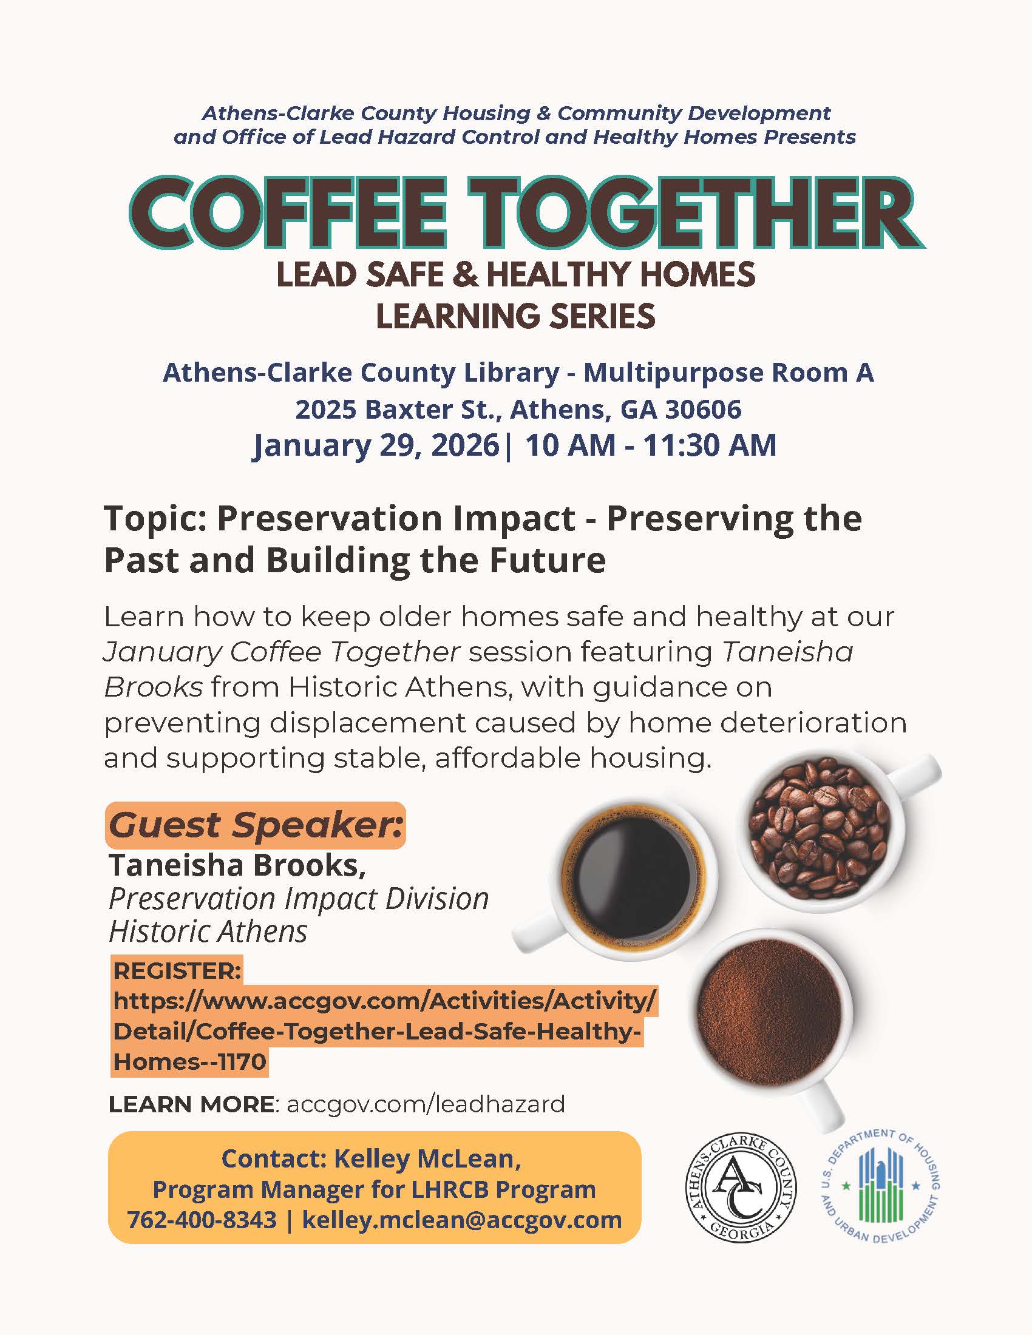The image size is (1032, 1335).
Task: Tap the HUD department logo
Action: click(x=880, y=1186)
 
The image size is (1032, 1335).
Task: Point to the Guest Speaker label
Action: click(x=256, y=825)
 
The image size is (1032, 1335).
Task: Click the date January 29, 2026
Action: click(x=376, y=445)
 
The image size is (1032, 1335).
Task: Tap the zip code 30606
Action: click(x=703, y=409)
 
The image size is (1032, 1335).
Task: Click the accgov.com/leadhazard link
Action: click(x=426, y=1104)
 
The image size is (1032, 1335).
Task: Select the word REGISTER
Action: click(x=177, y=970)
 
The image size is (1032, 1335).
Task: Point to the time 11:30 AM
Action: click(x=709, y=445)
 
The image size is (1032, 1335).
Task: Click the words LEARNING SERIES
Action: click(x=515, y=316)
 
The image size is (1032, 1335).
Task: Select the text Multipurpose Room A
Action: click(x=728, y=372)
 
